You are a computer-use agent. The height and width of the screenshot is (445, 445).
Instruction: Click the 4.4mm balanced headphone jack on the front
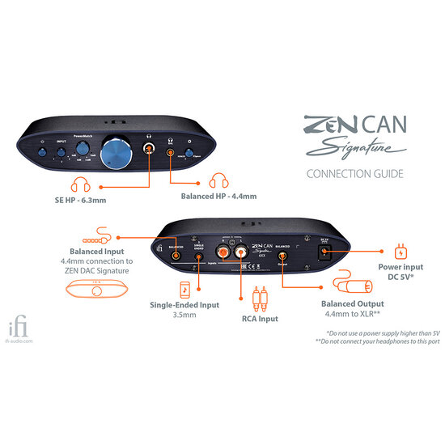pyautogui.click(x=170, y=151)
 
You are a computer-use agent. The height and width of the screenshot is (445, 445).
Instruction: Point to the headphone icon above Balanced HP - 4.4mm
pyautogui.click(x=219, y=183)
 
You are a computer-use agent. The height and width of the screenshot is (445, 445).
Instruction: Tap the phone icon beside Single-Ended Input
pyautogui.click(x=184, y=290)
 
